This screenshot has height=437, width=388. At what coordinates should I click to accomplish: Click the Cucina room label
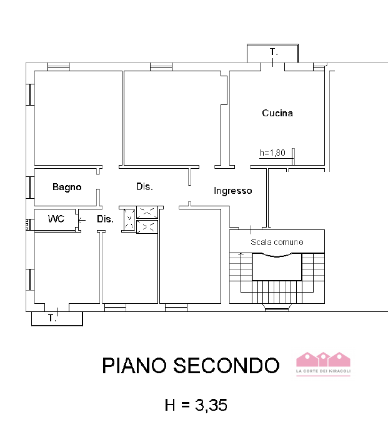[277, 113]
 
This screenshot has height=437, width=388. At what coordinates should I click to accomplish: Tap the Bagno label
[67, 187]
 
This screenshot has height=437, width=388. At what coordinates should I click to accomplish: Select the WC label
[57, 219]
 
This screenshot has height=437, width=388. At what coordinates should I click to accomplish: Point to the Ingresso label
[232, 191]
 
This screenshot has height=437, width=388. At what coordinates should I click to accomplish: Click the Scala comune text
[277, 242]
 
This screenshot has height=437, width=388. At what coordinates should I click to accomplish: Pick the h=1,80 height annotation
[272, 152]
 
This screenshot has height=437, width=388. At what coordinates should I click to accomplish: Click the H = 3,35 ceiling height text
[196, 405]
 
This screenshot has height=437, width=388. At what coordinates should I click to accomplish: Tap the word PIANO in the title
[134, 365]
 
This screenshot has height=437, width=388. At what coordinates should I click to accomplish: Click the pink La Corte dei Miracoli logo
[323, 363]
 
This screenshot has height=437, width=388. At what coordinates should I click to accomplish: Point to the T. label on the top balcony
[273, 53]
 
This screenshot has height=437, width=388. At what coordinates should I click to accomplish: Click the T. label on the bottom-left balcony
[52, 319]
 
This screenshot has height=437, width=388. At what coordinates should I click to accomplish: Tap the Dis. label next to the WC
[105, 219]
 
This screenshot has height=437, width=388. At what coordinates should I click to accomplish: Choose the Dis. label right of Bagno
[144, 186]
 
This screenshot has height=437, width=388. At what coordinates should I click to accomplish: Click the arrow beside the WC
[82, 219]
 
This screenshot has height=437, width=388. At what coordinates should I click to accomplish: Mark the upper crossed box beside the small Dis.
[147, 212]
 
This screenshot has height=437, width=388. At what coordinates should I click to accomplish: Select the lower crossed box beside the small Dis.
[147, 227]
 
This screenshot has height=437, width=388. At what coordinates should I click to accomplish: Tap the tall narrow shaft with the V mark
[129, 219]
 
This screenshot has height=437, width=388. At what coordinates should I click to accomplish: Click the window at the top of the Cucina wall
[273, 65]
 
